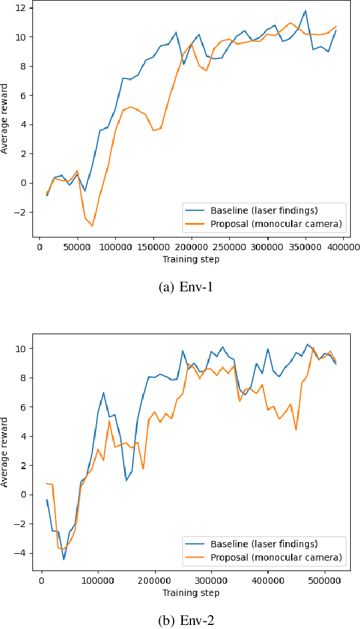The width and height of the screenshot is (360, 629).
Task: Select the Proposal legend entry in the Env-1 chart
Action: click(x=263, y=223)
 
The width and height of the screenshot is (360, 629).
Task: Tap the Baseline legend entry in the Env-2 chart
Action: click(x=263, y=544)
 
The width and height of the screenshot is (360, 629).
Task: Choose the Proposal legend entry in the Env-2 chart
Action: click(x=263, y=557)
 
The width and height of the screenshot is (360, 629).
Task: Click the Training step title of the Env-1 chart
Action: click(x=191, y=259)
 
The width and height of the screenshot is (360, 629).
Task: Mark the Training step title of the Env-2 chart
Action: click(x=191, y=593)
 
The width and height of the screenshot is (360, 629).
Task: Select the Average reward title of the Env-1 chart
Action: click(x=5, y=119)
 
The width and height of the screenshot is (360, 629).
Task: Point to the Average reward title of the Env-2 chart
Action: click(x=5, y=452)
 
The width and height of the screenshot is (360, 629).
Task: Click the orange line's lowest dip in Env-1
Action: click(x=92, y=226)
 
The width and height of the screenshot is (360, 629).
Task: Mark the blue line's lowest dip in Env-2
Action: click(x=64, y=559)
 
